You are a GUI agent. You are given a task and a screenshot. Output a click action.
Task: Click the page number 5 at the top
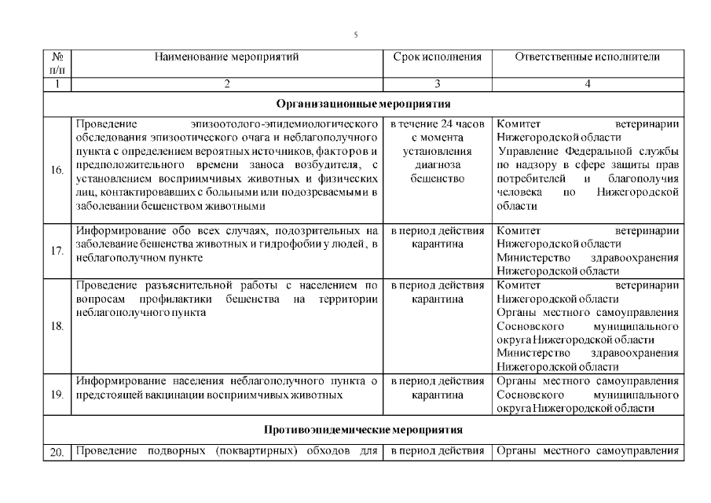(355, 35)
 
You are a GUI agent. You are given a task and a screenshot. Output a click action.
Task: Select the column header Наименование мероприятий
(226, 57)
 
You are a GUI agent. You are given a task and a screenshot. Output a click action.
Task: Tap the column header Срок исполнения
(437, 57)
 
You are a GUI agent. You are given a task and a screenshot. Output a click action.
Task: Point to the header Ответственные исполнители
(588, 57)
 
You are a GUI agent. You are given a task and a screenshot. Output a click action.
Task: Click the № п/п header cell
(57, 64)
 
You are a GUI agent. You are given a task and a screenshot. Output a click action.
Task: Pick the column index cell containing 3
(437, 84)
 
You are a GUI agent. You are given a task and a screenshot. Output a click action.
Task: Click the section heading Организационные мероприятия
(362, 104)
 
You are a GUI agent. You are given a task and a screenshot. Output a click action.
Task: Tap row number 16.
(57, 170)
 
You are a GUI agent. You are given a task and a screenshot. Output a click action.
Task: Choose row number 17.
(57, 251)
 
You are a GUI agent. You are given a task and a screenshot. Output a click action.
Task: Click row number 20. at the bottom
(57, 451)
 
